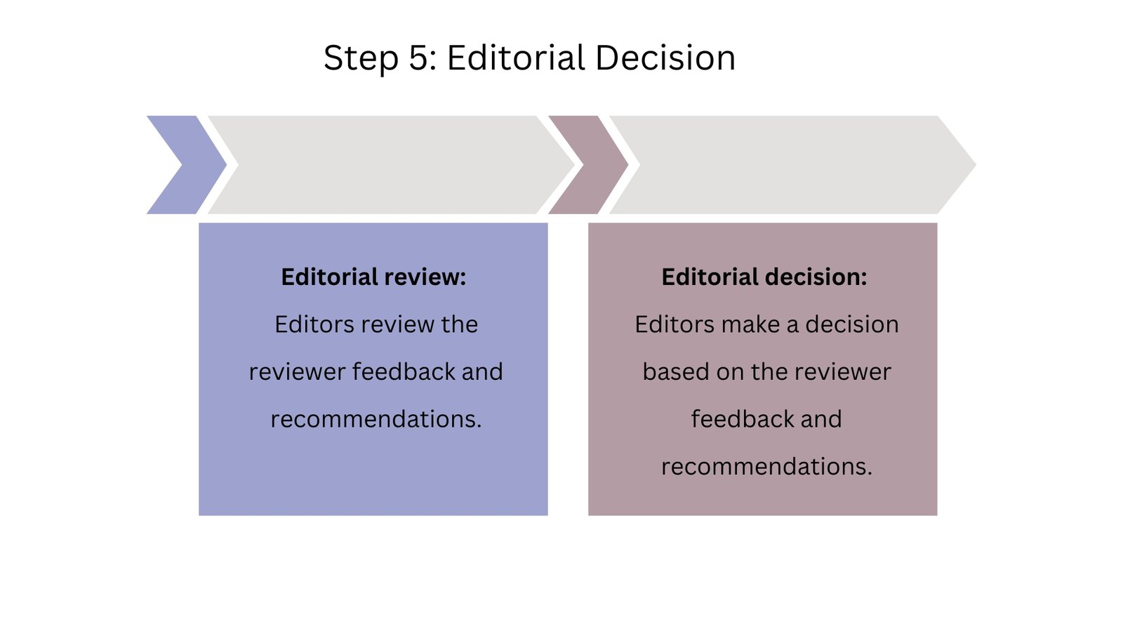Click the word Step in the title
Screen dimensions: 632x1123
pyautogui.click(x=361, y=58)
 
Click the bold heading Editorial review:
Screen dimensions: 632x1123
pyautogui.click(x=373, y=277)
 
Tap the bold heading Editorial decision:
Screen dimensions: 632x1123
pyautogui.click(x=764, y=277)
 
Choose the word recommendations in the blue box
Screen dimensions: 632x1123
pyautogui.click(x=376, y=419)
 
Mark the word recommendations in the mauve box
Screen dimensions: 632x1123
pyautogui.click(x=766, y=466)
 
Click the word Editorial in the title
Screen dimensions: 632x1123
pyautogui.click(x=516, y=58)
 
